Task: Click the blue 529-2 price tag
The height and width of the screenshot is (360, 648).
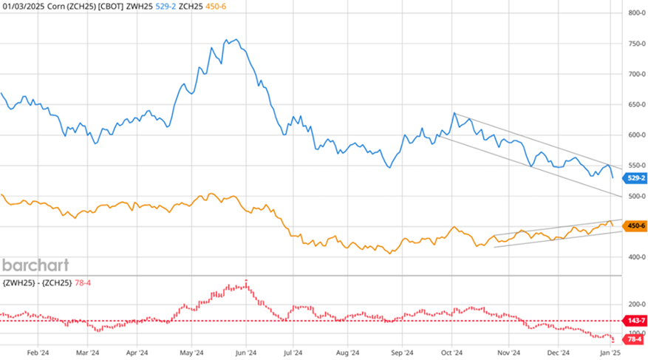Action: [x=635, y=178]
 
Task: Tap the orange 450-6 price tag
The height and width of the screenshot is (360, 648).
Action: [x=635, y=225]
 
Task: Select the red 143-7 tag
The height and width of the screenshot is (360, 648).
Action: [x=635, y=322]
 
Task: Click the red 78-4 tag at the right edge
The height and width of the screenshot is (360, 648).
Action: [x=635, y=341]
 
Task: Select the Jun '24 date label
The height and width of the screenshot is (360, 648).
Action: [x=246, y=353]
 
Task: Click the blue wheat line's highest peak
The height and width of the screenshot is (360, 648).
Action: [x=236, y=40]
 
